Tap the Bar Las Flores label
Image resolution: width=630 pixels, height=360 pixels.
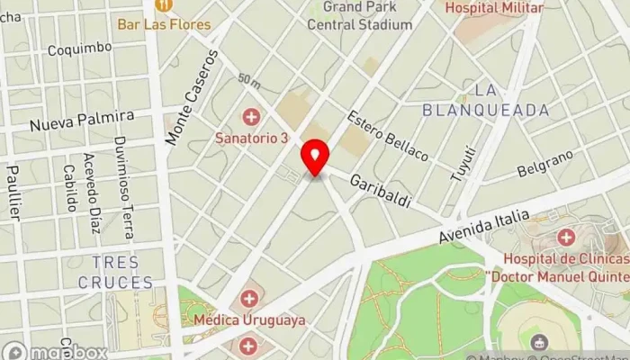[x=166, y=23]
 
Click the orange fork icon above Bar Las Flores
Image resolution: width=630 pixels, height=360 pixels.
[x=166, y=5]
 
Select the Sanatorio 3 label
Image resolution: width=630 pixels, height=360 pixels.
[x=251, y=138]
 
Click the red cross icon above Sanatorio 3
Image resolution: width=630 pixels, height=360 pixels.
[x=251, y=117]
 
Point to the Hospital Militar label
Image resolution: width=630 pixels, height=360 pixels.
[x=494, y=8]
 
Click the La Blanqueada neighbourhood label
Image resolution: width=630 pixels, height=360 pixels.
[x=486, y=100]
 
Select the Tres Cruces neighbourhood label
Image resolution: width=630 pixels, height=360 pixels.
[x=122, y=272]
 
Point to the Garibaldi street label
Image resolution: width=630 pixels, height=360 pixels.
[x=381, y=190]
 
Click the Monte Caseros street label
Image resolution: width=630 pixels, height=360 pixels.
[x=192, y=97]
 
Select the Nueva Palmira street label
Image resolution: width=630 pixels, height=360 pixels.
[x=81, y=119]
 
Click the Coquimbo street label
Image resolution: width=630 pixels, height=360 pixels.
[x=80, y=49]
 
